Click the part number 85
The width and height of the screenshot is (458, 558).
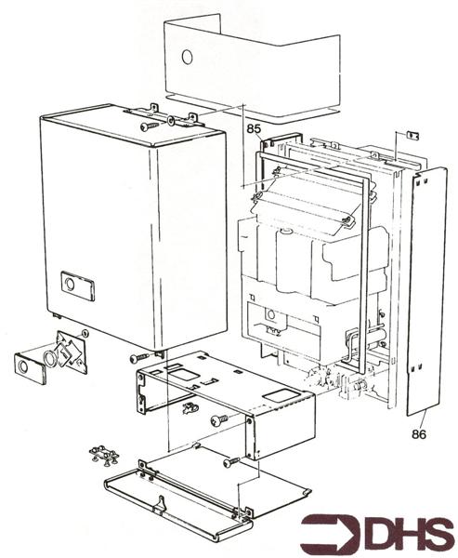tap(254, 130)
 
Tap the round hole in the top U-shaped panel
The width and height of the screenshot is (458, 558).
tap(187, 57)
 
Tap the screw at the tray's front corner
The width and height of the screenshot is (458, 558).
tap(220, 420)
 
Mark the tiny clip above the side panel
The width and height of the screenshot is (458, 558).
tap(412, 136)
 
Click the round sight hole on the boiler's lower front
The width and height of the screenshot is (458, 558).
tap(270, 313)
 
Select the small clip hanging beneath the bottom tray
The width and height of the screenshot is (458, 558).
tap(191, 407)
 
